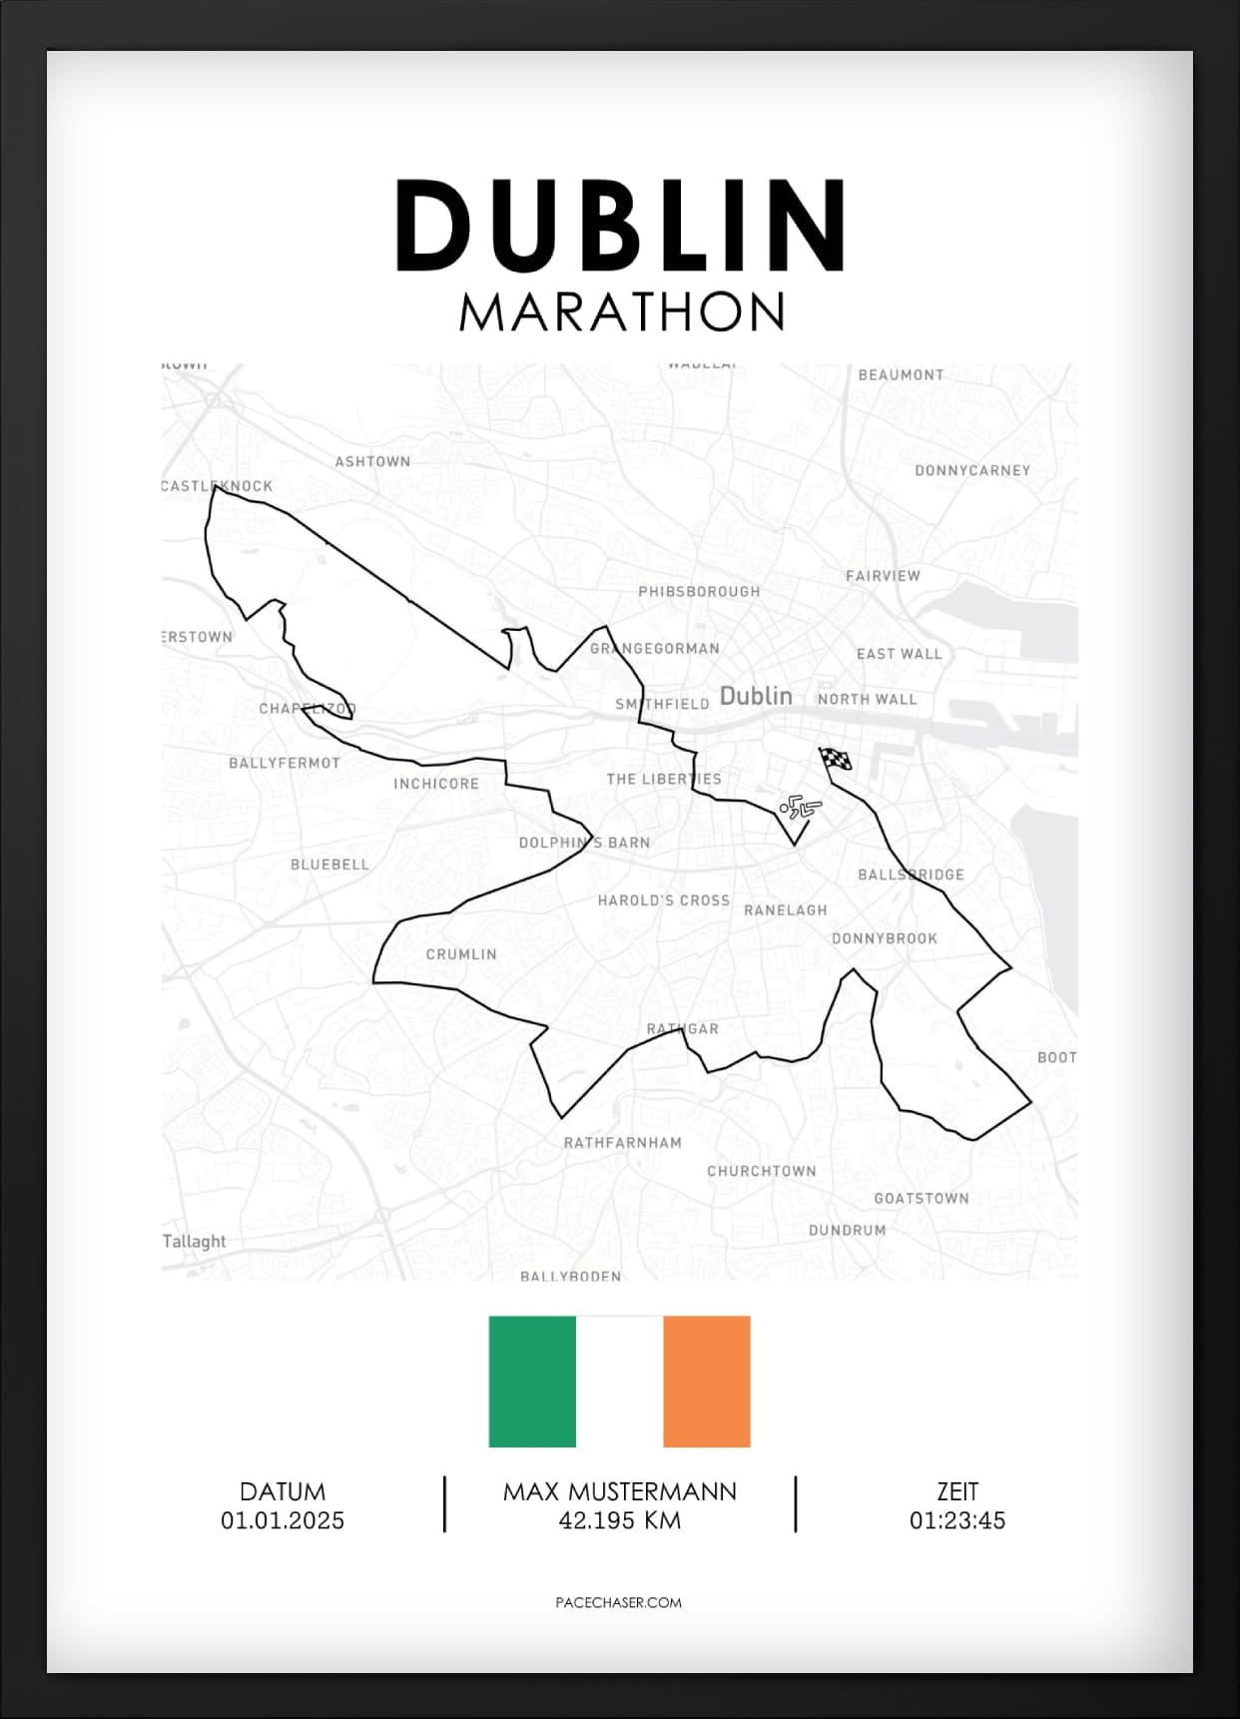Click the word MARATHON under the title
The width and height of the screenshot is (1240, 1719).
point(621,311)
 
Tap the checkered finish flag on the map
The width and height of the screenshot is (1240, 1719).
point(836,760)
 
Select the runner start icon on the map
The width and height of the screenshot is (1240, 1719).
point(799,807)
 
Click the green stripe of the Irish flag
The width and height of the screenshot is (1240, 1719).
point(532,1381)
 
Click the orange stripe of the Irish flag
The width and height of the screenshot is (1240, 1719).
point(707,1381)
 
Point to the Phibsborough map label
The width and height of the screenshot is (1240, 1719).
point(699,592)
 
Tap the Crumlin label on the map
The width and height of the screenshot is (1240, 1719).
point(461,954)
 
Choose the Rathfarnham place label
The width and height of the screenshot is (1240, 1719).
point(622,1143)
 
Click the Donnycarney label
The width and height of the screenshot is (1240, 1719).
point(972,470)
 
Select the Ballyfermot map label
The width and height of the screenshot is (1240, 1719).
point(285,763)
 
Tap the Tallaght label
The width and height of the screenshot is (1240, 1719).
point(195,1241)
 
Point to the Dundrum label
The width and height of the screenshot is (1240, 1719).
point(847,1230)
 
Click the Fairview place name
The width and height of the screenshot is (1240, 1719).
point(883,576)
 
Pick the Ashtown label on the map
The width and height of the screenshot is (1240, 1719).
point(372,461)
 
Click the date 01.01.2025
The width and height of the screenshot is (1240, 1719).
point(283,1520)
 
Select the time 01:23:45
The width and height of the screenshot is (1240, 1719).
point(956,1520)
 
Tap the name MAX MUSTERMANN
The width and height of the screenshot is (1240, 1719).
point(620,1491)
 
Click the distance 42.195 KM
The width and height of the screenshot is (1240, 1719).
point(620,1520)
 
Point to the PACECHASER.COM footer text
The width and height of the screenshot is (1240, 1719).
point(618,1602)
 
